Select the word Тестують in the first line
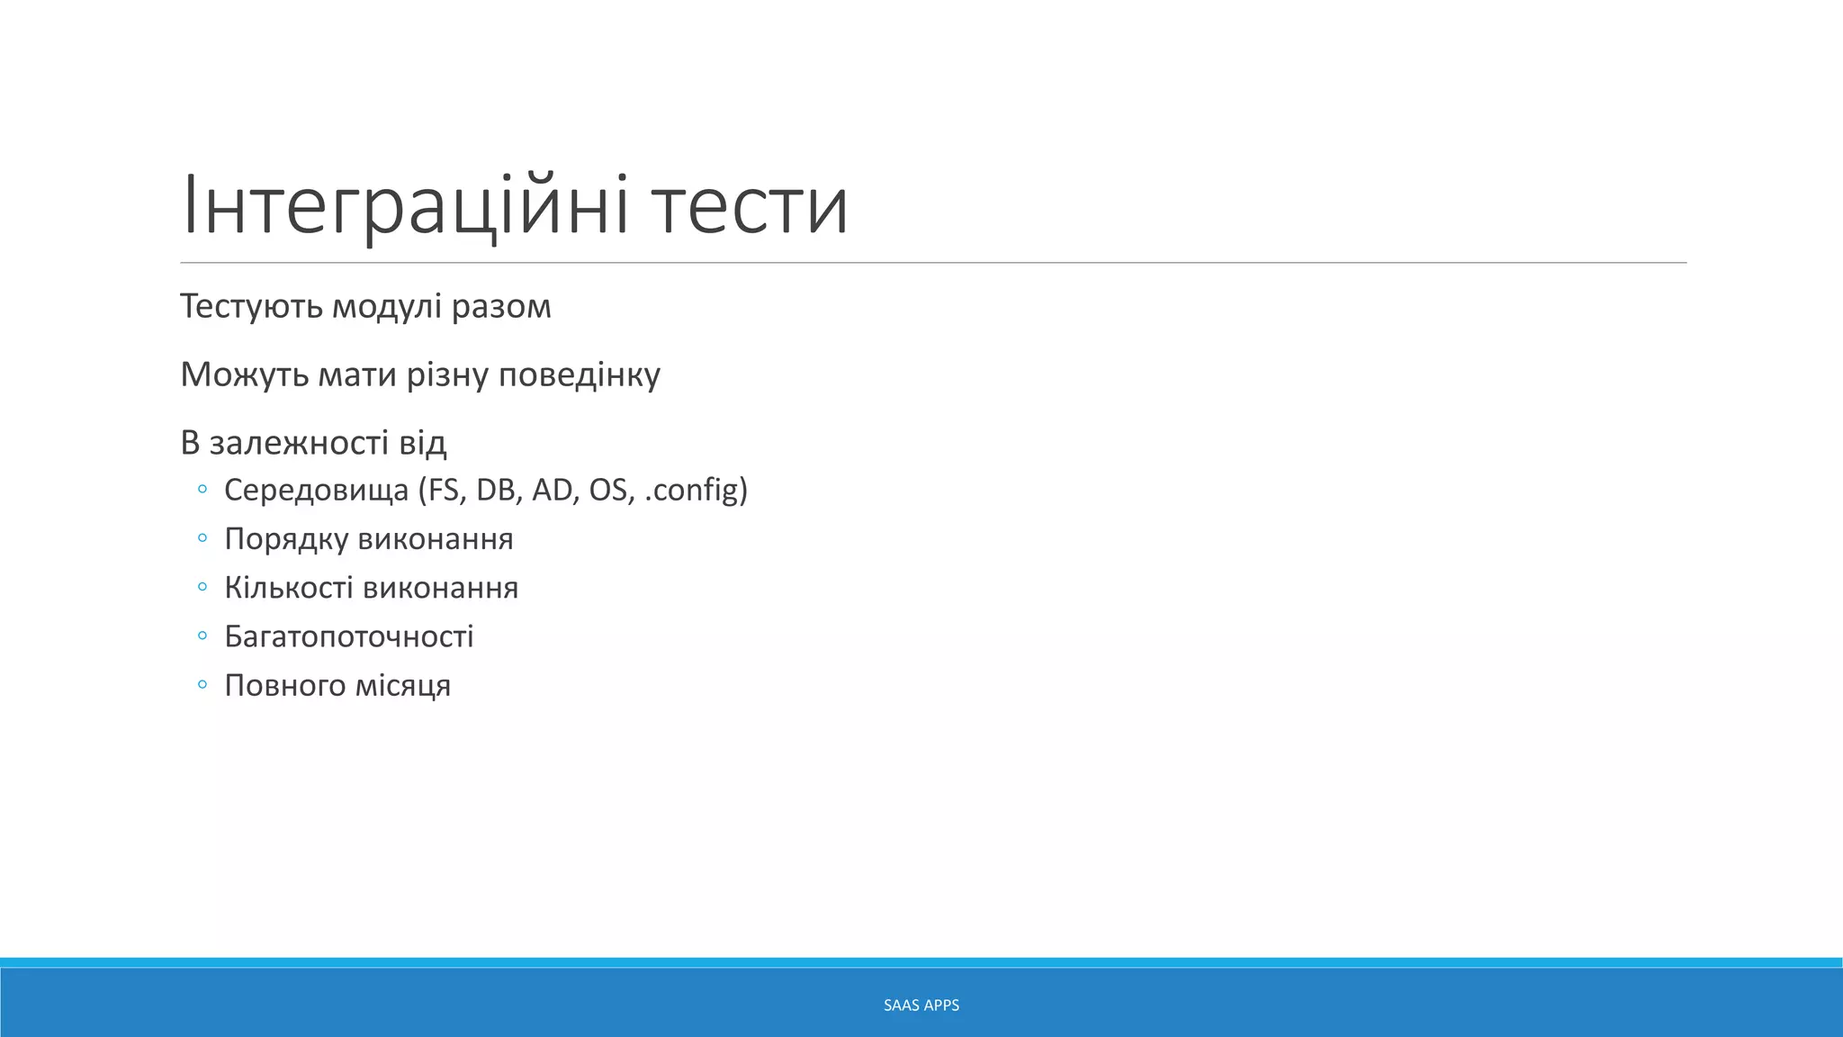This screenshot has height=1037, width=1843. click(251, 307)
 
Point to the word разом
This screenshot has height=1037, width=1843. click(501, 307)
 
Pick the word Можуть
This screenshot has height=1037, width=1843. click(244, 374)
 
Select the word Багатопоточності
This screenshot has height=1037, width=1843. click(349, 636)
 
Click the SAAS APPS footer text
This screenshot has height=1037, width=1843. click(921, 1005)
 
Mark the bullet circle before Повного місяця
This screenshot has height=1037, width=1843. click(202, 685)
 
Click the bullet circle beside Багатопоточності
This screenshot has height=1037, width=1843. click(202, 636)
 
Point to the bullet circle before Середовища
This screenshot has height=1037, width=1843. click(202, 490)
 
